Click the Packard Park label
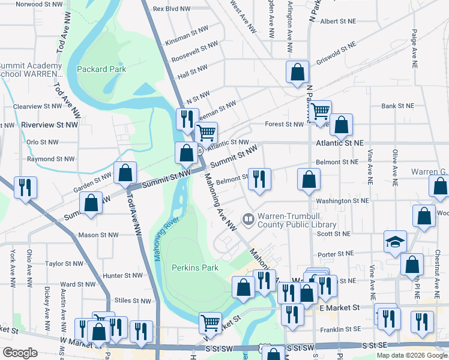[101, 69]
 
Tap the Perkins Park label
[194, 267]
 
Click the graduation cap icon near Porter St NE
[396, 241]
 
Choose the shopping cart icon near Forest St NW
[320, 110]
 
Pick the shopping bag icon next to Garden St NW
[125, 173]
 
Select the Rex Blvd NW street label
[171, 9]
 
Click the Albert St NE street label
[338, 21]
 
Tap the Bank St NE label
[397, 106]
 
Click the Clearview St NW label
[37, 106]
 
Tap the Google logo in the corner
[20, 353]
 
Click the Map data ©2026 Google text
[412, 355]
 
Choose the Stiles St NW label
[133, 301]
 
